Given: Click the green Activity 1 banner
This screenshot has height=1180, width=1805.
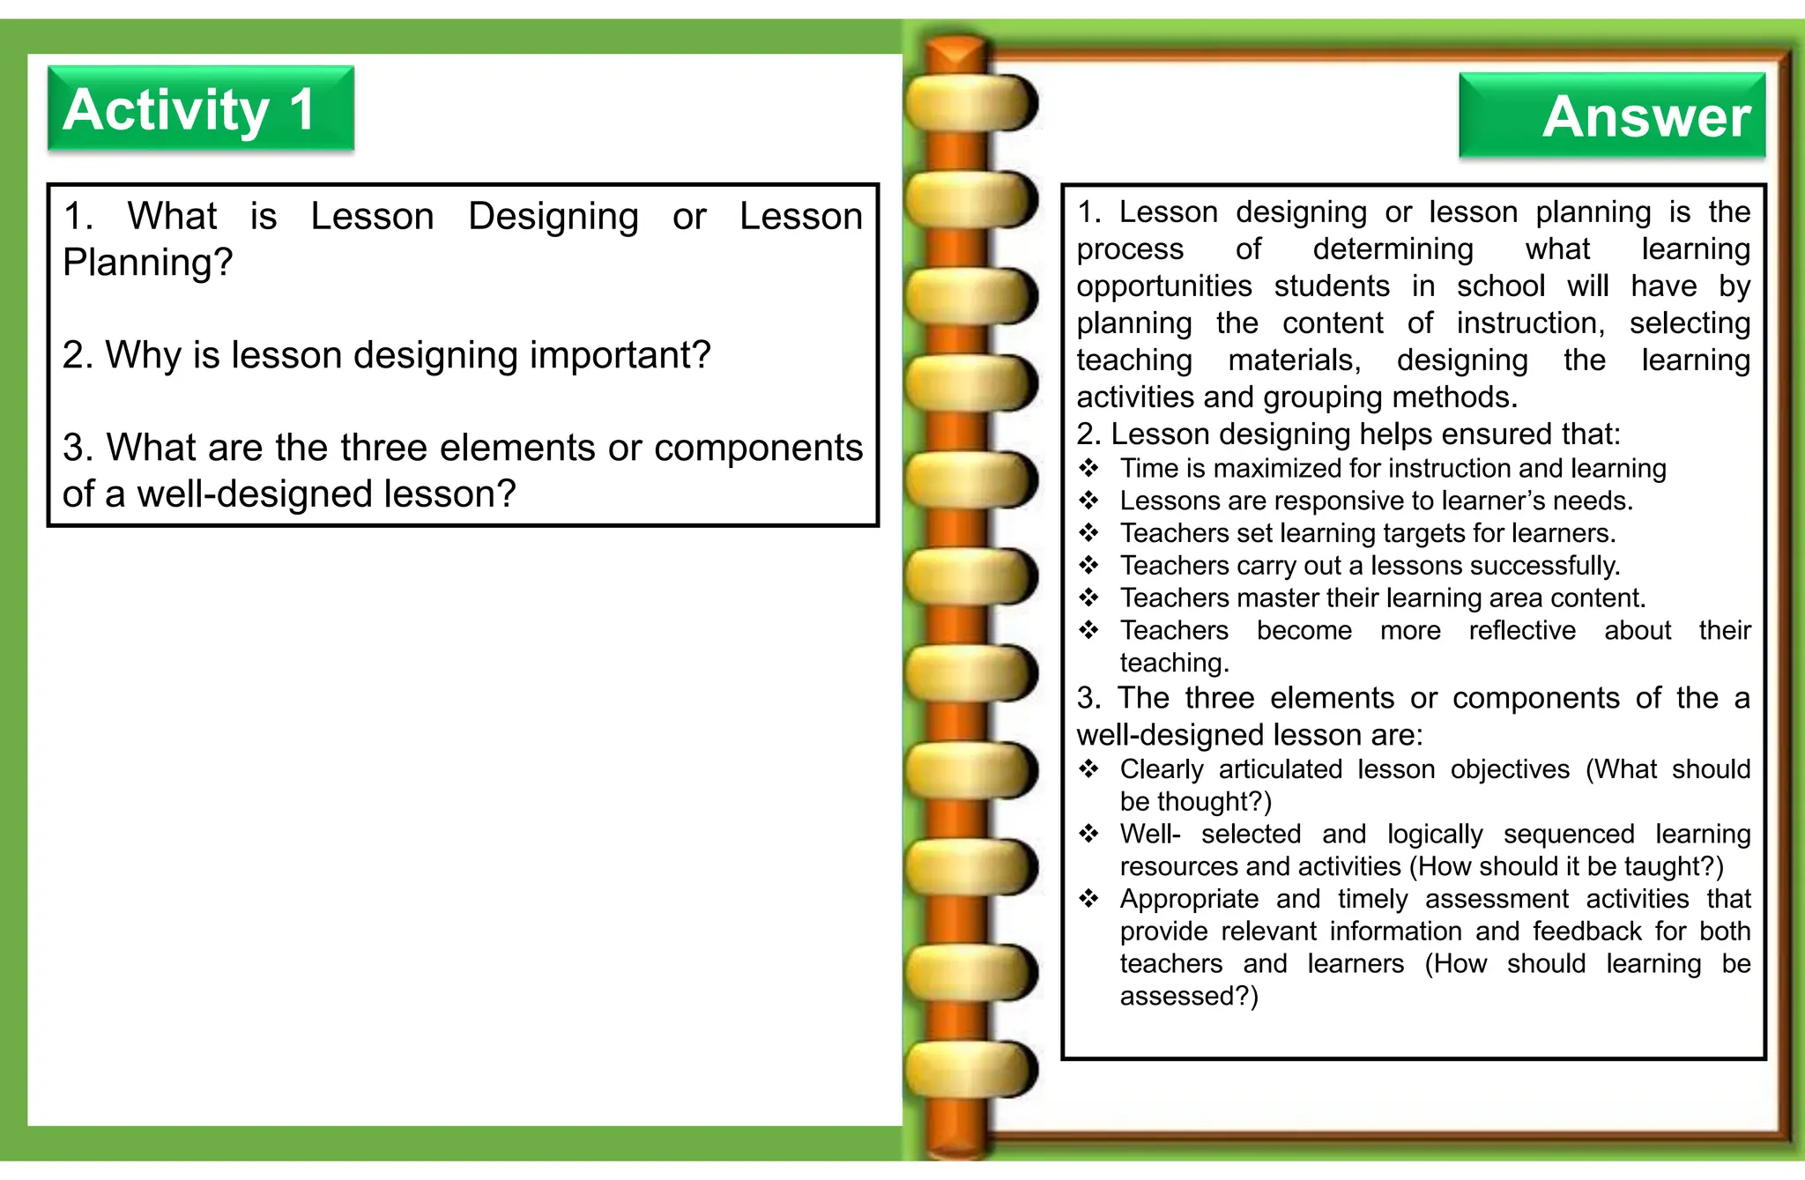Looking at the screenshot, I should coord(200,108).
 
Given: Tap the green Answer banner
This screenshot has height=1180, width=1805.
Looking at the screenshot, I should coord(1612,115).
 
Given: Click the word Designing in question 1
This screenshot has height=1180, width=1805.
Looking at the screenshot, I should coord(553,217).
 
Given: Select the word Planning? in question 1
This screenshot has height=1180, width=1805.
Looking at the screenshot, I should coord(147,263).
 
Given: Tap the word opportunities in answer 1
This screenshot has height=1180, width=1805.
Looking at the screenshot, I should coord(1163,287).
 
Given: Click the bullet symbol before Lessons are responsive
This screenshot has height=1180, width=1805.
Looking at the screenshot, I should coord(1089,501).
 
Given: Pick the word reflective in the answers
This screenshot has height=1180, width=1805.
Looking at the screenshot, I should coord(1522,631).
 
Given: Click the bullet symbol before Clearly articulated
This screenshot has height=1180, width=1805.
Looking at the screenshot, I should coord(1089,769).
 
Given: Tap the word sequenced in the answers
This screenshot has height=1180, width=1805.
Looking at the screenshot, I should coord(1569,835).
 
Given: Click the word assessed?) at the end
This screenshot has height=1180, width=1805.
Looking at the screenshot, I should coord(1189,997).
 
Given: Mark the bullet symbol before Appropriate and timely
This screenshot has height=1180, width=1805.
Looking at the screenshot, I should coord(1089,899).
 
